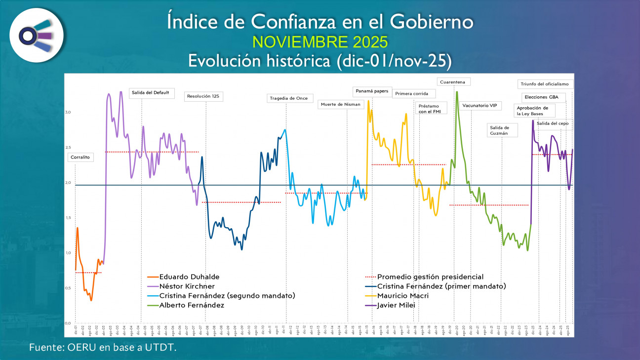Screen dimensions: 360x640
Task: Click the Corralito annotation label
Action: point(80,157)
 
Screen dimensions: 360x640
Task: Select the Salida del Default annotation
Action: point(151,92)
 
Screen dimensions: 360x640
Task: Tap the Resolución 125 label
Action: point(202,96)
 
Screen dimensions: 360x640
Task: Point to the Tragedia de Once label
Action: point(289,98)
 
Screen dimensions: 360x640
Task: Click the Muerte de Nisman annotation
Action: point(341,104)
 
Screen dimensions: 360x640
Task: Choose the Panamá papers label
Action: point(372,91)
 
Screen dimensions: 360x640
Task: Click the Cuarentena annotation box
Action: point(454,81)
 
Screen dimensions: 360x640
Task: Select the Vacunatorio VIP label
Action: point(480,105)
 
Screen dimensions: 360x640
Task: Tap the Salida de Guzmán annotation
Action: point(501,130)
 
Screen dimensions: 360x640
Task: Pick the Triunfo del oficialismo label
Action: point(546,83)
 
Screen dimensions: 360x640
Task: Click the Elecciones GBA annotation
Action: point(541,97)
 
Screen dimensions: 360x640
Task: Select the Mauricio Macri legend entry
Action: point(402,296)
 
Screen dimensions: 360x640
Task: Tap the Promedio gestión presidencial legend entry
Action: point(430,277)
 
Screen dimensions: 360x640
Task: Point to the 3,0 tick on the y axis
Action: point(68,112)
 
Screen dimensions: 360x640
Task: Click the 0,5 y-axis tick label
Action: point(68,288)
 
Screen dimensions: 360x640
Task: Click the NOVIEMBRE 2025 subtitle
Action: point(320,40)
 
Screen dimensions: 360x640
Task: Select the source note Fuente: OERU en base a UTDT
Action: point(103,347)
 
